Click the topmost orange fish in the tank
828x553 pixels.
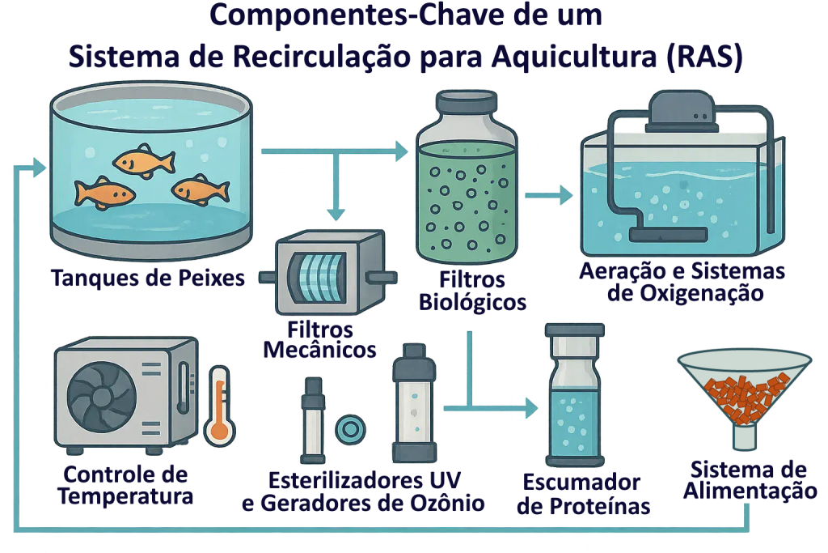tap(144, 161)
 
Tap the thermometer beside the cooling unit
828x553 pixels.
tap(220, 406)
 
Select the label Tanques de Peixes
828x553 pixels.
tap(148, 278)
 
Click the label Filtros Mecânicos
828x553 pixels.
tap(319, 340)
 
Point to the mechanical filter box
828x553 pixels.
tap(328, 272)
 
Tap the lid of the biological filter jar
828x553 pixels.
tap(467, 100)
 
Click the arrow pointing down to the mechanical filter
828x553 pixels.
tap(336, 185)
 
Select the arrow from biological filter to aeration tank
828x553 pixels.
tap(549, 195)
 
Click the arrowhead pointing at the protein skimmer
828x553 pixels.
tap(531, 408)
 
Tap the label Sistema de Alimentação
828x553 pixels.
tap(750, 480)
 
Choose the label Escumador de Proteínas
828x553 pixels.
tap(583, 495)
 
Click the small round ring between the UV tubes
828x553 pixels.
tap(350, 429)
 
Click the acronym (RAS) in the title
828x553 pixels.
tap(704, 56)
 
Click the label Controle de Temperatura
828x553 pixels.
tap(125, 485)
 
